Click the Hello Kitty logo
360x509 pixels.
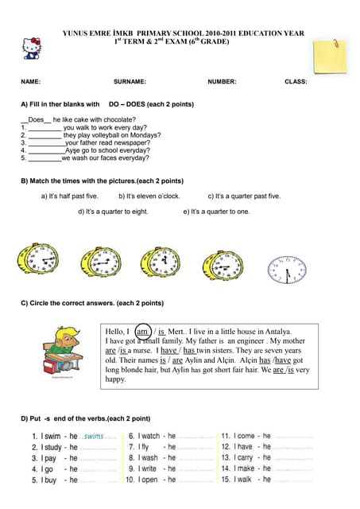tap(33, 47)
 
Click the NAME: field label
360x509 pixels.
tap(30, 82)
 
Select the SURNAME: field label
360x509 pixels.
tap(130, 82)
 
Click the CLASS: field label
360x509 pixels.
tap(296, 82)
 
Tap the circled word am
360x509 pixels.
tap(143, 332)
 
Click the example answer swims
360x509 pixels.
tap(94, 437)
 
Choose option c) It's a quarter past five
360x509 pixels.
tap(244, 196)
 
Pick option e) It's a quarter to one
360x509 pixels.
tap(216, 212)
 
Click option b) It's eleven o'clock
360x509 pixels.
tap(149, 196)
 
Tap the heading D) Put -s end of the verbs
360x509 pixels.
tap(85, 418)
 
